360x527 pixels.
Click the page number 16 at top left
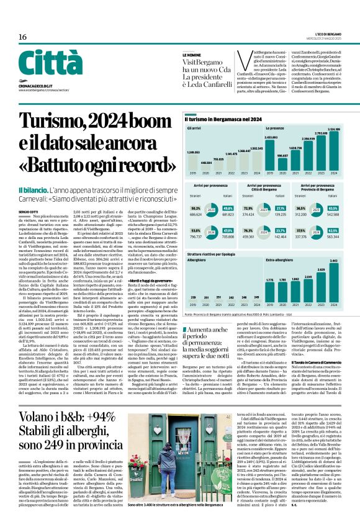(x=22, y=37)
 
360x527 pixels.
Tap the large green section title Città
(x=46, y=65)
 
